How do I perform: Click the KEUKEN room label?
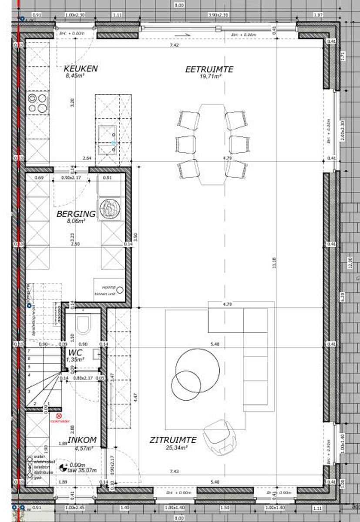pyautogui.click(x=81, y=69)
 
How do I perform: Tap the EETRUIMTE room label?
pyautogui.click(x=209, y=69)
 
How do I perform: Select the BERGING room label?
pyautogui.click(x=76, y=214)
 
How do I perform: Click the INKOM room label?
pyautogui.click(x=82, y=440)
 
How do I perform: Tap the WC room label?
pyautogui.click(x=75, y=352)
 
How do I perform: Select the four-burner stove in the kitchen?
pyautogui.click(x=37, y=104)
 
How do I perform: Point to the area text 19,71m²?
pyautogui.click(x=210, y=76)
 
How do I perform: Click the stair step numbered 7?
pyautogui.click(x=29, y=351)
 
